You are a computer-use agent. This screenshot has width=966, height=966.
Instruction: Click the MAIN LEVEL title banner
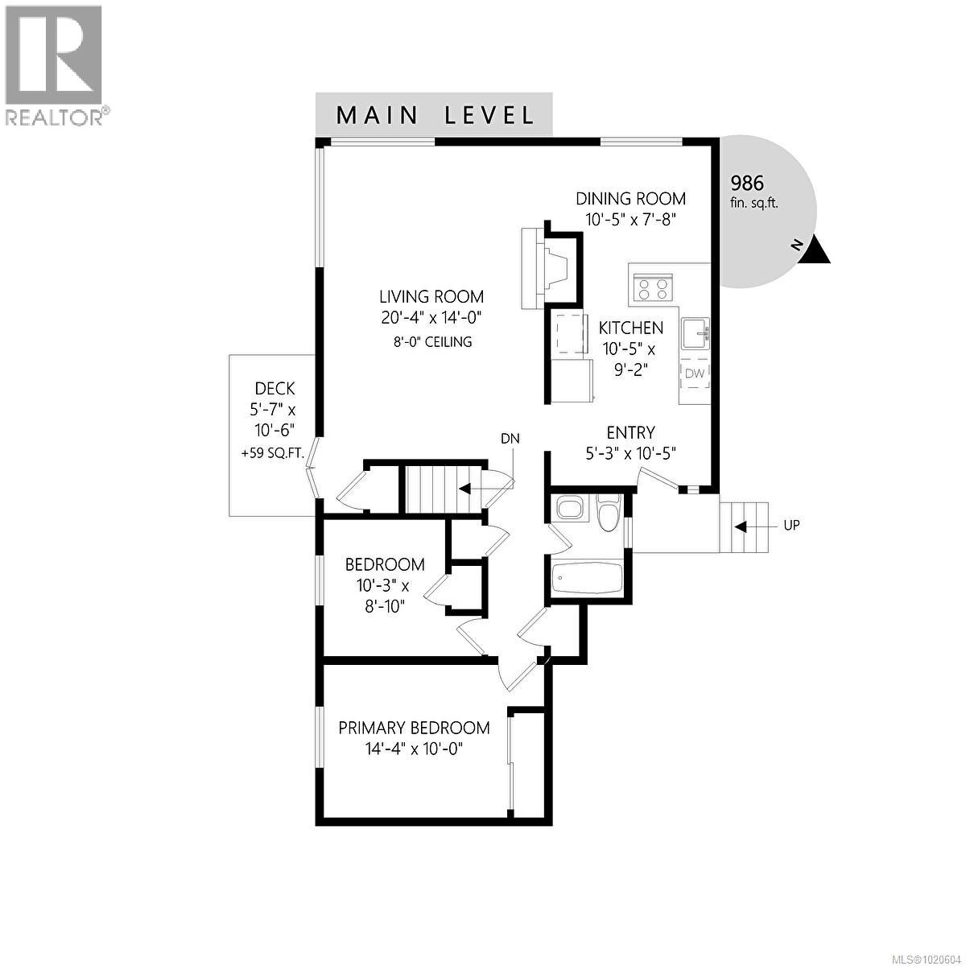coord(434,114)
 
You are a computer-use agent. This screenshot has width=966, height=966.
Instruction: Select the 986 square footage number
coord(746,183)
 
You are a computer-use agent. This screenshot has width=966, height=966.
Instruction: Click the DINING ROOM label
coord(630,199)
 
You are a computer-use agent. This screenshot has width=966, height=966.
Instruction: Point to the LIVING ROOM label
coord(432,296)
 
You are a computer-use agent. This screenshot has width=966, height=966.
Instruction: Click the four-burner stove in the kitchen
coord(653,287)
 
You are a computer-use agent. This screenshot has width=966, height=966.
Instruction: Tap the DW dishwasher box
coord(695,373)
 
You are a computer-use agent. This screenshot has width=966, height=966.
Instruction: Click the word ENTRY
coord(630,432)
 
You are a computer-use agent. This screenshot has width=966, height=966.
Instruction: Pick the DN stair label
coord(510,439)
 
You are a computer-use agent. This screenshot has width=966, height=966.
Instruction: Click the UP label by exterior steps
coord(791,526)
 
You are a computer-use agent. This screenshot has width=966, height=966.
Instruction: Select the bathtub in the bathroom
coord(587,577)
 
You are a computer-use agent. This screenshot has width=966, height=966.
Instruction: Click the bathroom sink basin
coord(572,510)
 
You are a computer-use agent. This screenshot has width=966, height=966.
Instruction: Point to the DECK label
coord(275,389)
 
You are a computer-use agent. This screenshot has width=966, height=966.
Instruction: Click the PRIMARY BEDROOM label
coord(414,728)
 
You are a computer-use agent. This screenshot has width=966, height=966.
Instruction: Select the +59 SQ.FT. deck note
coord(273,453)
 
